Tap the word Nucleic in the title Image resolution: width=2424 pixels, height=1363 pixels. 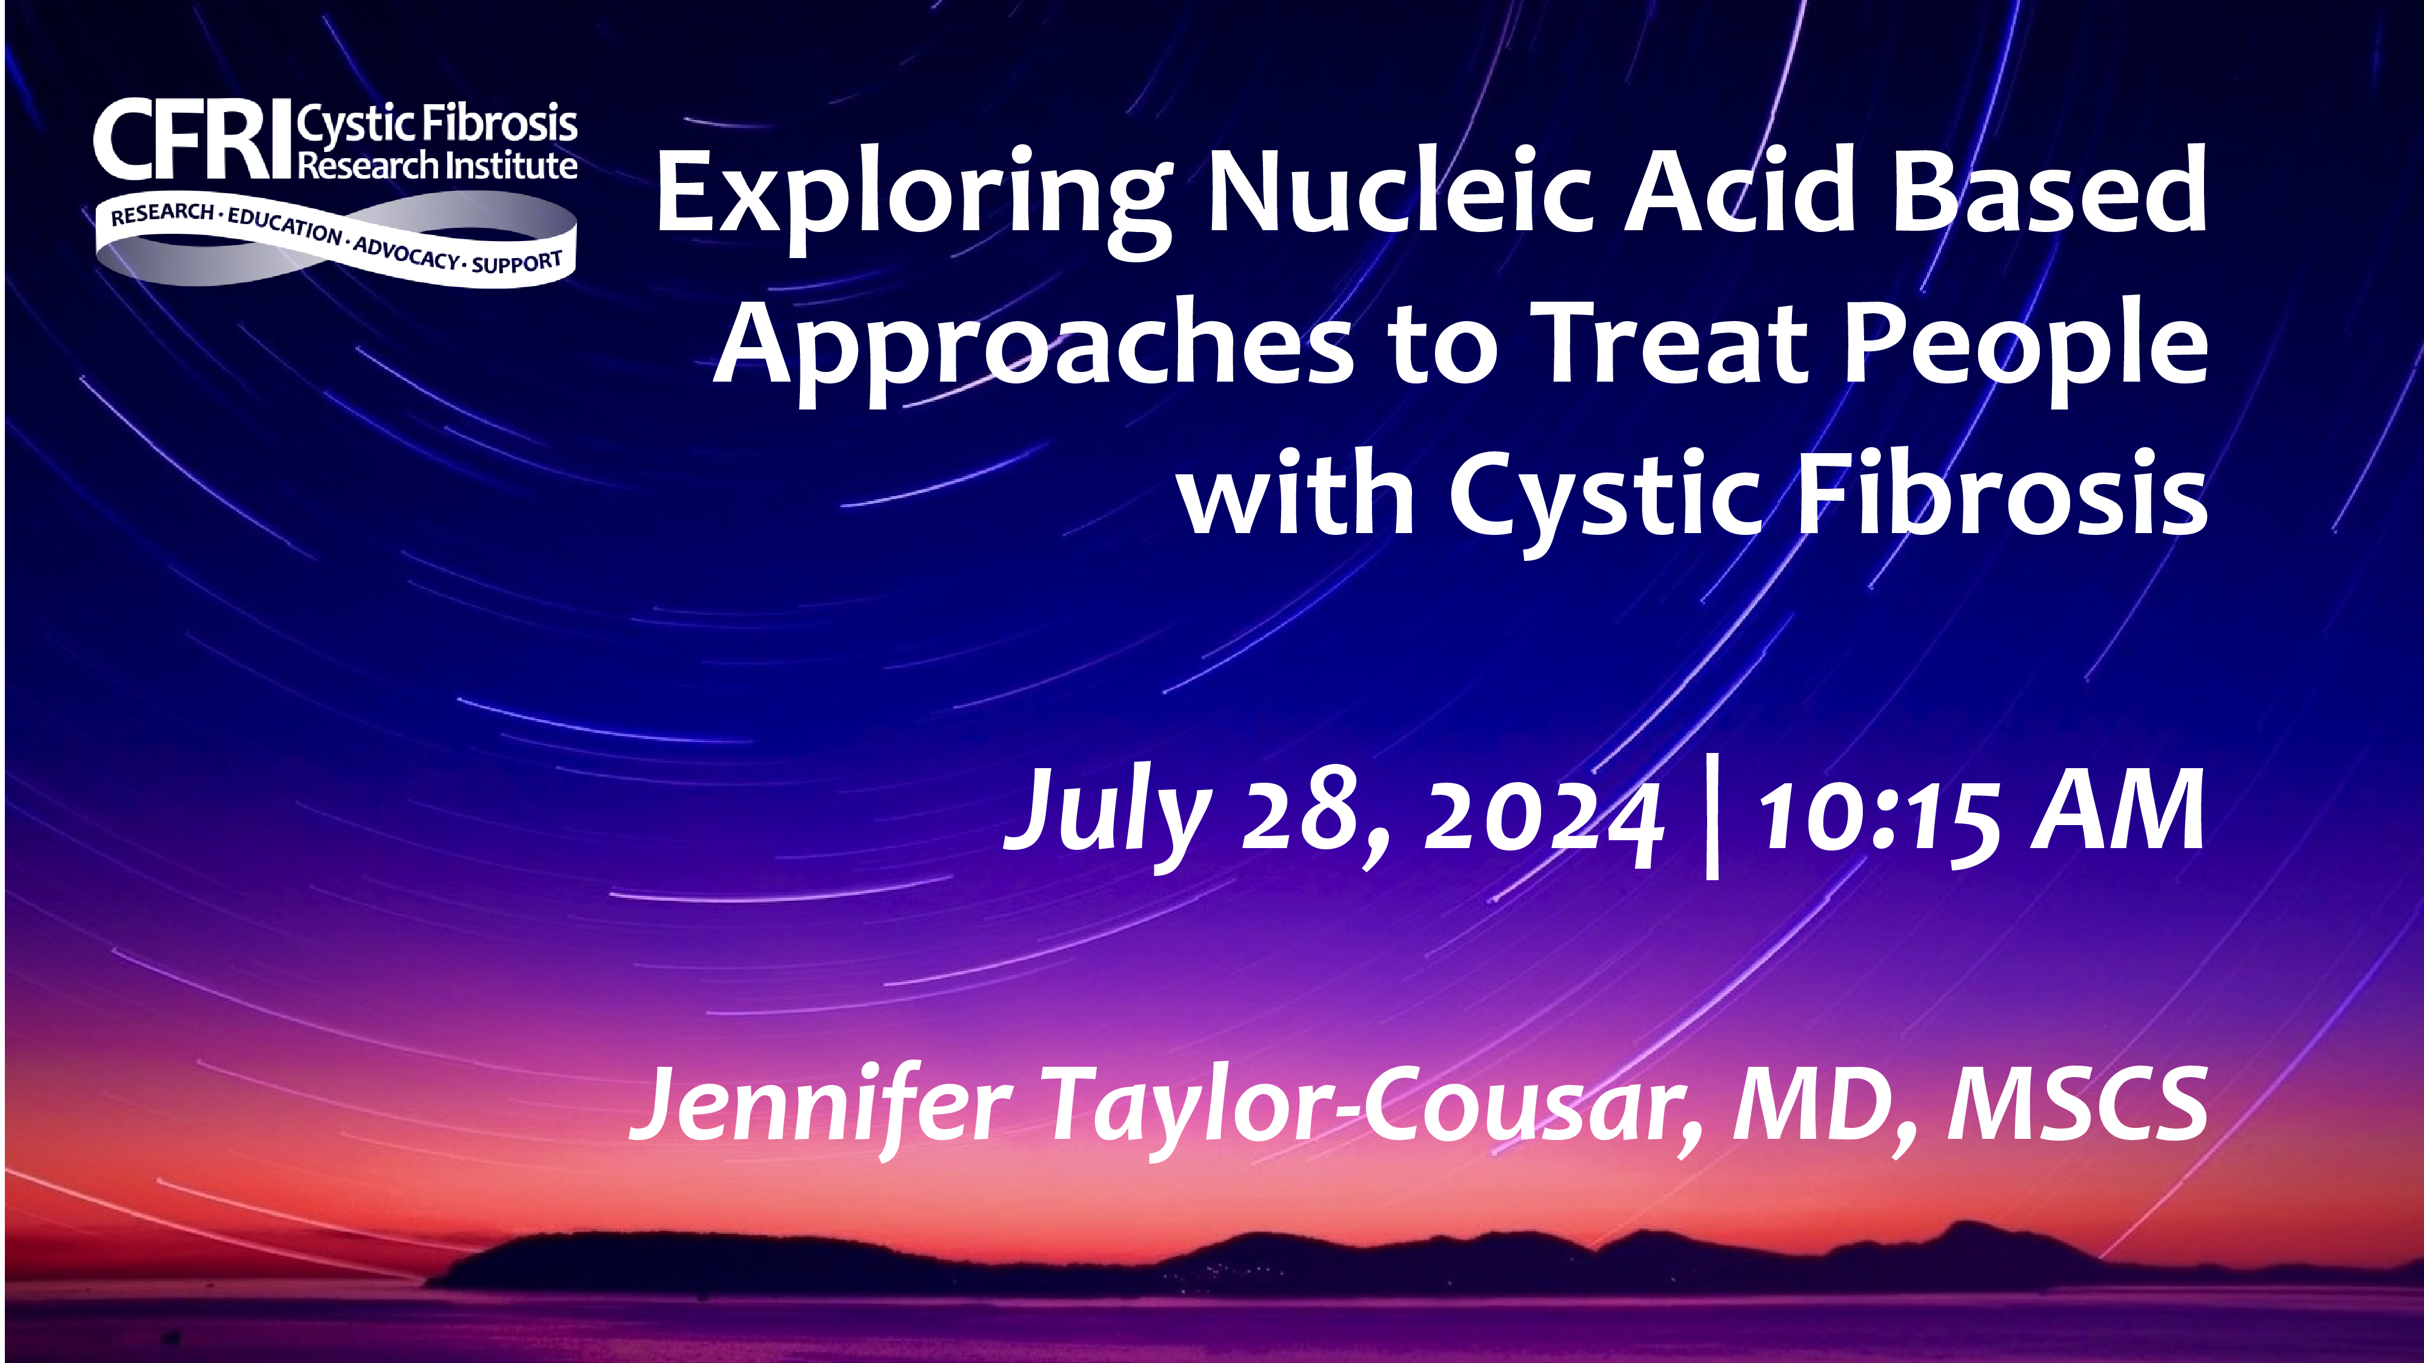pyautogui.click(x=1402, y=189)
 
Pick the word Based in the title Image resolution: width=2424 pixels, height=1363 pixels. pyautogui.click(x=2048, y=189)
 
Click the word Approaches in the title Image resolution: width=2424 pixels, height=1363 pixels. pyautogui.click(x=1032, y=345)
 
